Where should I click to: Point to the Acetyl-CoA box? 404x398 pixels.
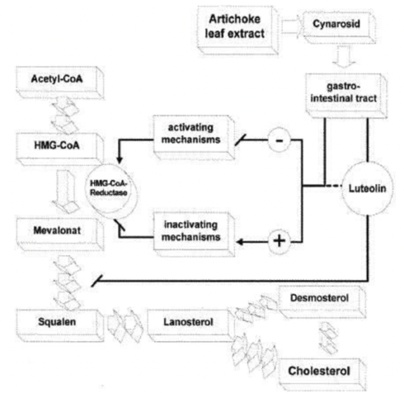(57, 83)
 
